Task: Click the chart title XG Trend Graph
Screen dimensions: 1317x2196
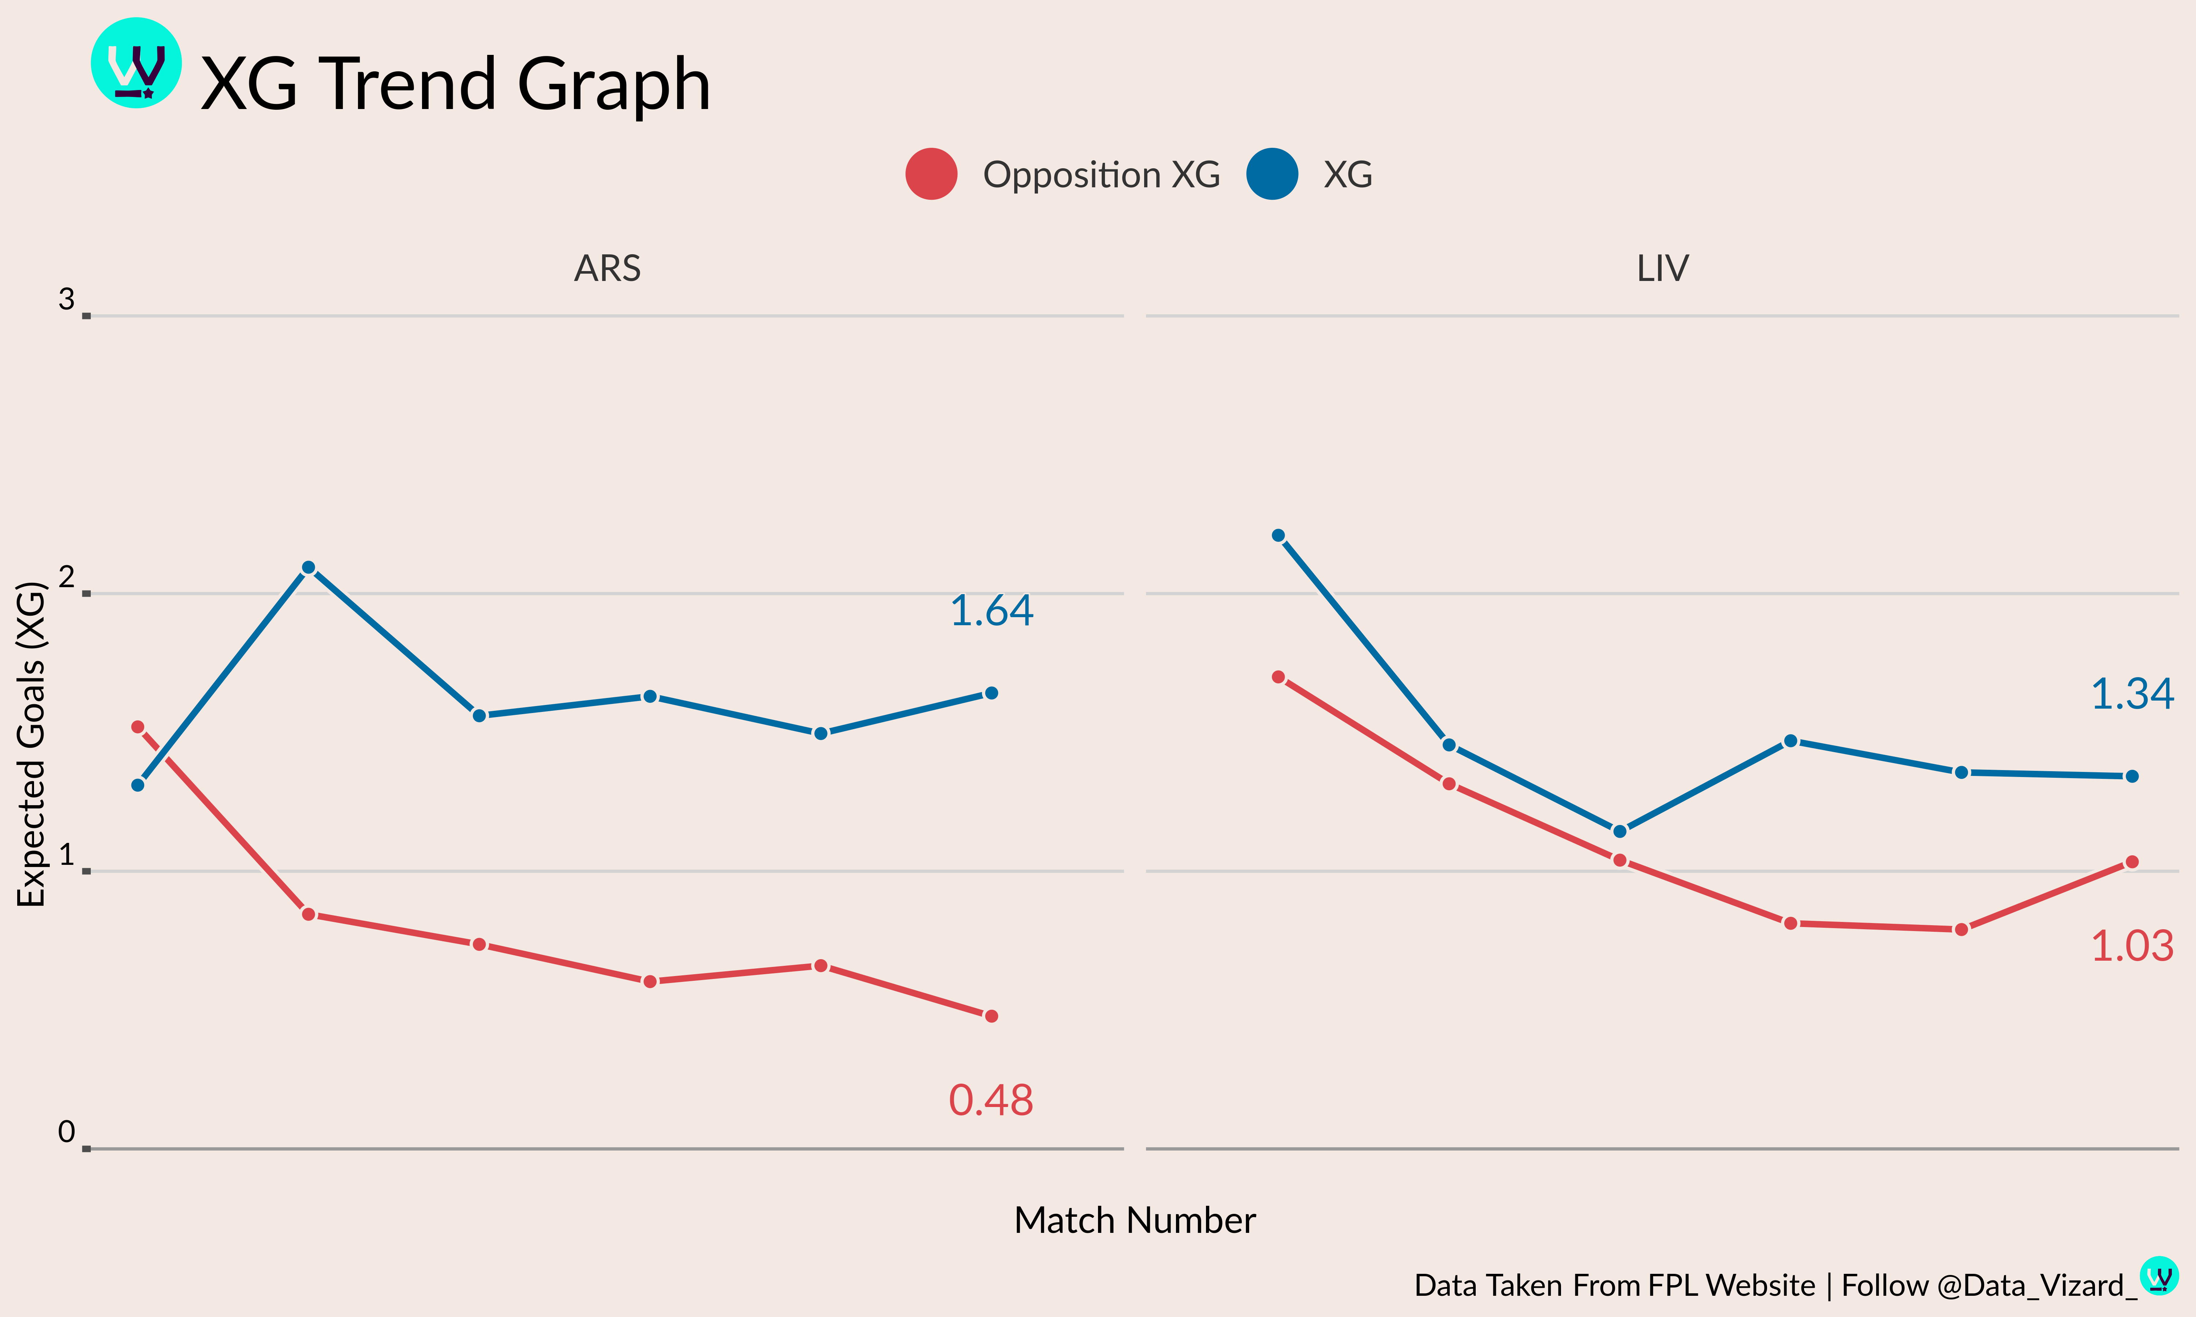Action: pyautogui.click(x=455, y=83)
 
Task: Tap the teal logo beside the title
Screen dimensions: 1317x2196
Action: pyautogui.click(x=137, y=63)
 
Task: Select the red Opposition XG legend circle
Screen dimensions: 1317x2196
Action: pyautogui.click(x=931, y=174)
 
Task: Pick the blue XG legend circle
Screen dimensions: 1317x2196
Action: pyautogui.click(x=1272, y=174)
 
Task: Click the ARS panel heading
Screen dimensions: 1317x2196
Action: pyautogui.click(x=607, y=268)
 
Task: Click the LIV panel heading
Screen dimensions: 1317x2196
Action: pyautogui.click(x=1662, y=268)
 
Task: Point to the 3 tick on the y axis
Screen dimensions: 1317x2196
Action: pyautogui.click(x=67, y=300)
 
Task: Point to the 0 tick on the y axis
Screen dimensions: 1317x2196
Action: pyautogui.click(x=67, y=1132)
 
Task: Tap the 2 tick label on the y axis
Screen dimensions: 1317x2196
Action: pyautogui.click(x=67, y=578)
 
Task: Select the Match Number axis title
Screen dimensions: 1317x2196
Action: pyautogui.click(x=1134, y=1220)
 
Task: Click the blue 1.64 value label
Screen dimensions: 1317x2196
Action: pyautogui.click(x=991, y=611)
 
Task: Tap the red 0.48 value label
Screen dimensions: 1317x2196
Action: pyautogui.click(x=991, y=1100)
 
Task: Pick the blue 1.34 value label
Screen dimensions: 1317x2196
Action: pyautogui.click(x=2132, y=694)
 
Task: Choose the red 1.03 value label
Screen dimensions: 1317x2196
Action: pyautogui.click(x=2132, y=946)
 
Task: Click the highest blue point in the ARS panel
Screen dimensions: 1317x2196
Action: pyautogui.click(x=308, y=567)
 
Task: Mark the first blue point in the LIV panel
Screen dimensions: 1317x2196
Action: pyautogui.click(x=1278, y=535)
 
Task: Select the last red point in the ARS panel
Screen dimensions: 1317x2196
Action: pyautogui.click(x=991, y=1016)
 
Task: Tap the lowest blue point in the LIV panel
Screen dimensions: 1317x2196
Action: pyautogui.click(x=1620, y=832)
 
